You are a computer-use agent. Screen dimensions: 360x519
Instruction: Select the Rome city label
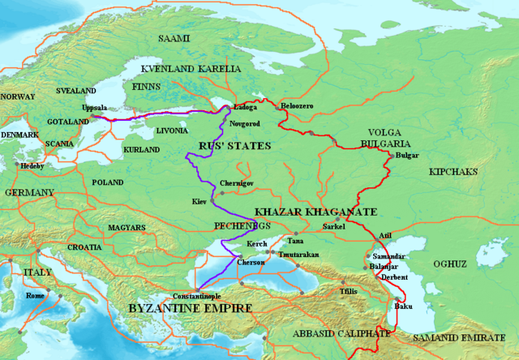pyautogui.click(x=36, y=297)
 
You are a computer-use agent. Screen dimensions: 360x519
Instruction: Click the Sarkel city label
pyautogui.click(x=334, y=227)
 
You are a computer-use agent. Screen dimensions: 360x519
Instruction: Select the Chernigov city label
pyautogui.click(x=237, y=185)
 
